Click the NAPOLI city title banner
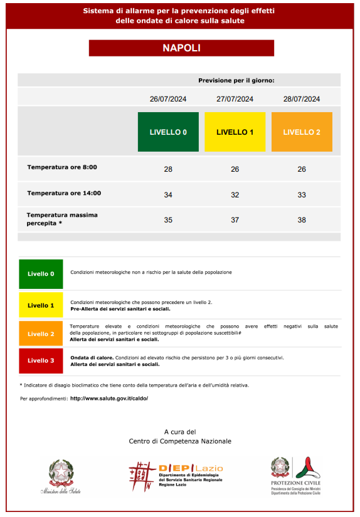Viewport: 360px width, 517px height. (x=181, y=48)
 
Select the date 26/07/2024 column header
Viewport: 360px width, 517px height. (x=168, y=99)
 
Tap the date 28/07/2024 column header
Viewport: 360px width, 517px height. (x=302, y=99)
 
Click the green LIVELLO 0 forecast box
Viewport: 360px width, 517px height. (x=168, y=132)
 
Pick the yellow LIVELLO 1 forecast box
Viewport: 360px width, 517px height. (x=235, y=132)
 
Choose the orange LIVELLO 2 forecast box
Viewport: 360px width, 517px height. (x=302, y=132)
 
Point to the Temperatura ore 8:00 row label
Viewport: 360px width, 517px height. (x=62, y=167)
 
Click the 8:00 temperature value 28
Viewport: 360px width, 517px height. (x=168, y=169)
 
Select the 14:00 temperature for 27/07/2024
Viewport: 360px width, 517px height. (x=235, y=195)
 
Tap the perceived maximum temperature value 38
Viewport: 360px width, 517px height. (x=302, y=220)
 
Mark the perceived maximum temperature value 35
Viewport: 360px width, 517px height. (x=168, y=220)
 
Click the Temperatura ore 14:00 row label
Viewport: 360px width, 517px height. (x=64, y=193)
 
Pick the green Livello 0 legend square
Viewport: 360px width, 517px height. (x=41, y=274)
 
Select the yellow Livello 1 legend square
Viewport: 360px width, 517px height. (x=41, y=305)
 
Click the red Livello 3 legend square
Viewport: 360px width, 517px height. (x=41, y=360)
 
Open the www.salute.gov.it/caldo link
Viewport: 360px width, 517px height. (x=109, y=398)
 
